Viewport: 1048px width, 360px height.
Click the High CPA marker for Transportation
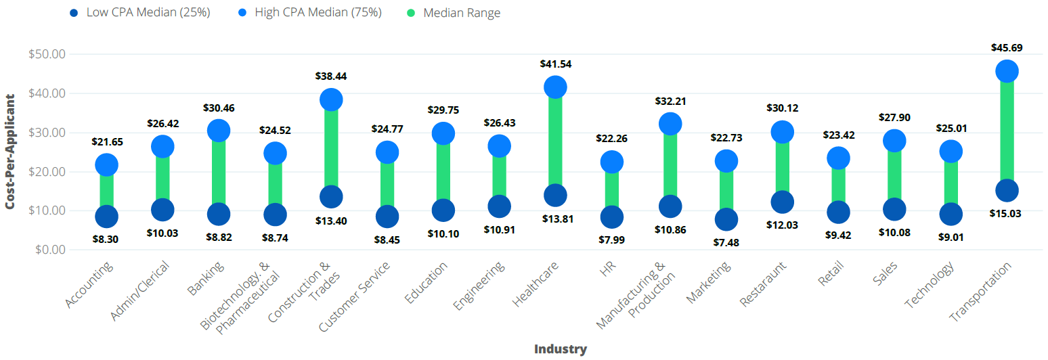[x=1007, y=71]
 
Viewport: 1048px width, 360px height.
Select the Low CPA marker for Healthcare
[x=555, y=196]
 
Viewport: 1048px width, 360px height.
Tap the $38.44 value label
[x=331, y=76]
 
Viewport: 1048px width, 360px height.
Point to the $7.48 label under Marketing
[x=726, y=242]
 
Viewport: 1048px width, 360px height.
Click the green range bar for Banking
[x=219, y=172]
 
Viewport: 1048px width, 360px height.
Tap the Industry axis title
[x=560, y=349]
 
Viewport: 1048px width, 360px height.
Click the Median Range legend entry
[x=461, y=13]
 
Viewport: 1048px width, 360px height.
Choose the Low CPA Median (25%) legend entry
[x=148, y=13]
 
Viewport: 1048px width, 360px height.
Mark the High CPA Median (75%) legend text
[x=318, y=13]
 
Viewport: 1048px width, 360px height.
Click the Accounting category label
[x=91, y=285]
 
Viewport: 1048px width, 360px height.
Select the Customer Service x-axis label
[x=355, y=296]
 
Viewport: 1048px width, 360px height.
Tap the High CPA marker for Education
[x=443, y=133]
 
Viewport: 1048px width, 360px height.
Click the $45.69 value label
[x=1007, y=48]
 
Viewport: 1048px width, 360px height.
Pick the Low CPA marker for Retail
[x=838, y=212]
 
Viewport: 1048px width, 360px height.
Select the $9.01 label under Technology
[x=951, y=237]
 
